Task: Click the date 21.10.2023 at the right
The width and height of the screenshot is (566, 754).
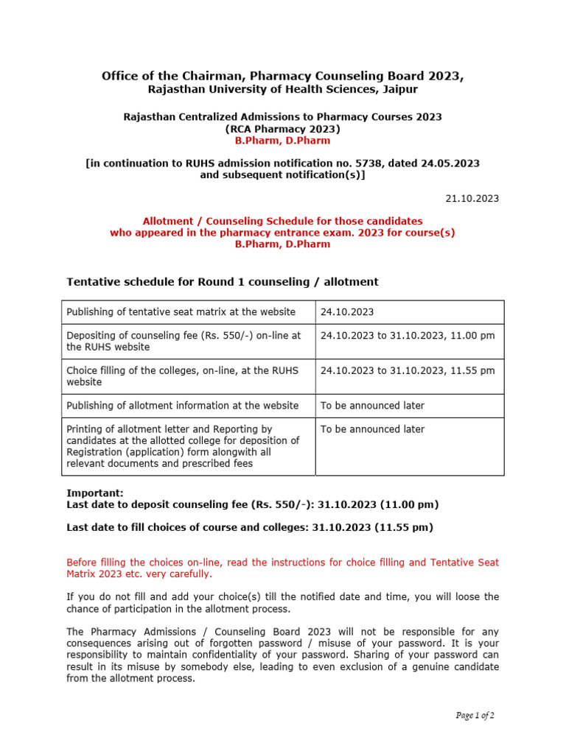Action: (472, 198)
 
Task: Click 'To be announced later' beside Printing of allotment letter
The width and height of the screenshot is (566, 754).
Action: (372, 429)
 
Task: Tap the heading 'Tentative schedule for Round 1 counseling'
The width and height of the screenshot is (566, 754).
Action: (222, 282)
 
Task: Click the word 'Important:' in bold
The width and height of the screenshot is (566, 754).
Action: (95, 493)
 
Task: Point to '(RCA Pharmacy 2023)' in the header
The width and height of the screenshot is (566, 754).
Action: (282, 128)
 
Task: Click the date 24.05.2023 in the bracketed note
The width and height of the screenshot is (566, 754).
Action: (444, 163)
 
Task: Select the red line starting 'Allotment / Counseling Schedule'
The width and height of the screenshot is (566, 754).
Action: (282, 221)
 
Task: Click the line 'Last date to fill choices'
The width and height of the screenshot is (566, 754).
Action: (250, 527)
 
